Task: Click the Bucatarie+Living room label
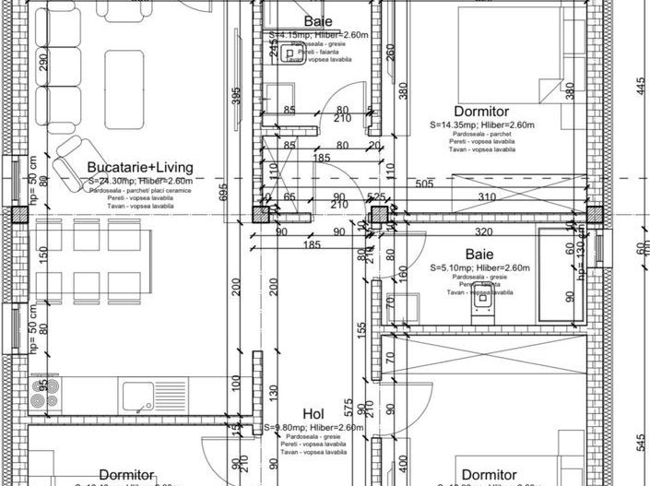tap(139, 167)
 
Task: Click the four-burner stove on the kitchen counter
tap(43, 394)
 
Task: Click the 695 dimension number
tap(222, 192)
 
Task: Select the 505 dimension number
tap(424, 184)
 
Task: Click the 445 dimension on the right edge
tap(640, 88)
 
